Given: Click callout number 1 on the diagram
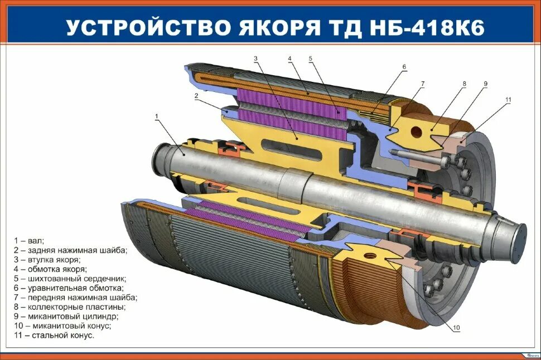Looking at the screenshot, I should pyautogui.click(x=157, y=116).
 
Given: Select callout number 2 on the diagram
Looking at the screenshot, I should pyautogui.click(x=196, y=95).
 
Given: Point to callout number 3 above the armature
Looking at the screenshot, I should pyautogui.click(x=255, y=58).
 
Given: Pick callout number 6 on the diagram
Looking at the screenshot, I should pyautogui.click(x=404, y=67).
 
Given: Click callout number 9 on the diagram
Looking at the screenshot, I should pyautogui.click(x=485, y=84).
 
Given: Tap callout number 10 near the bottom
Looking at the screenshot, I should pyautogui.click(x=456, y=328).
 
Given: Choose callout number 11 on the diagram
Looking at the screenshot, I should pyautogui.click(x=508, y=100).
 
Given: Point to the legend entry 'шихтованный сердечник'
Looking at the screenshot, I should pyautogui.click(x=70, y=278).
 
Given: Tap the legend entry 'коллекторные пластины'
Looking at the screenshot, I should pyautogui.click(x=70, y=307).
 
